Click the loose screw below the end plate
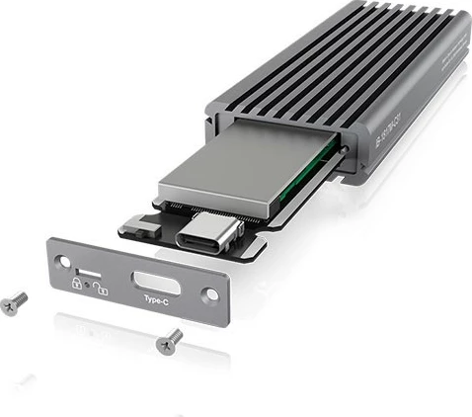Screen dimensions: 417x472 [x=168, y=341]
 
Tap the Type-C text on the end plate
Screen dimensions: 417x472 [x=156, y=297]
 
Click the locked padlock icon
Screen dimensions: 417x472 [x=75, y=283]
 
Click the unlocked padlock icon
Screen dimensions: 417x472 [x=102, y=289]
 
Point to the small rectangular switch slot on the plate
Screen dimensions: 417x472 [x=86, y=269]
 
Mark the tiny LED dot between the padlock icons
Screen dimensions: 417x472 [x=89, y=286]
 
